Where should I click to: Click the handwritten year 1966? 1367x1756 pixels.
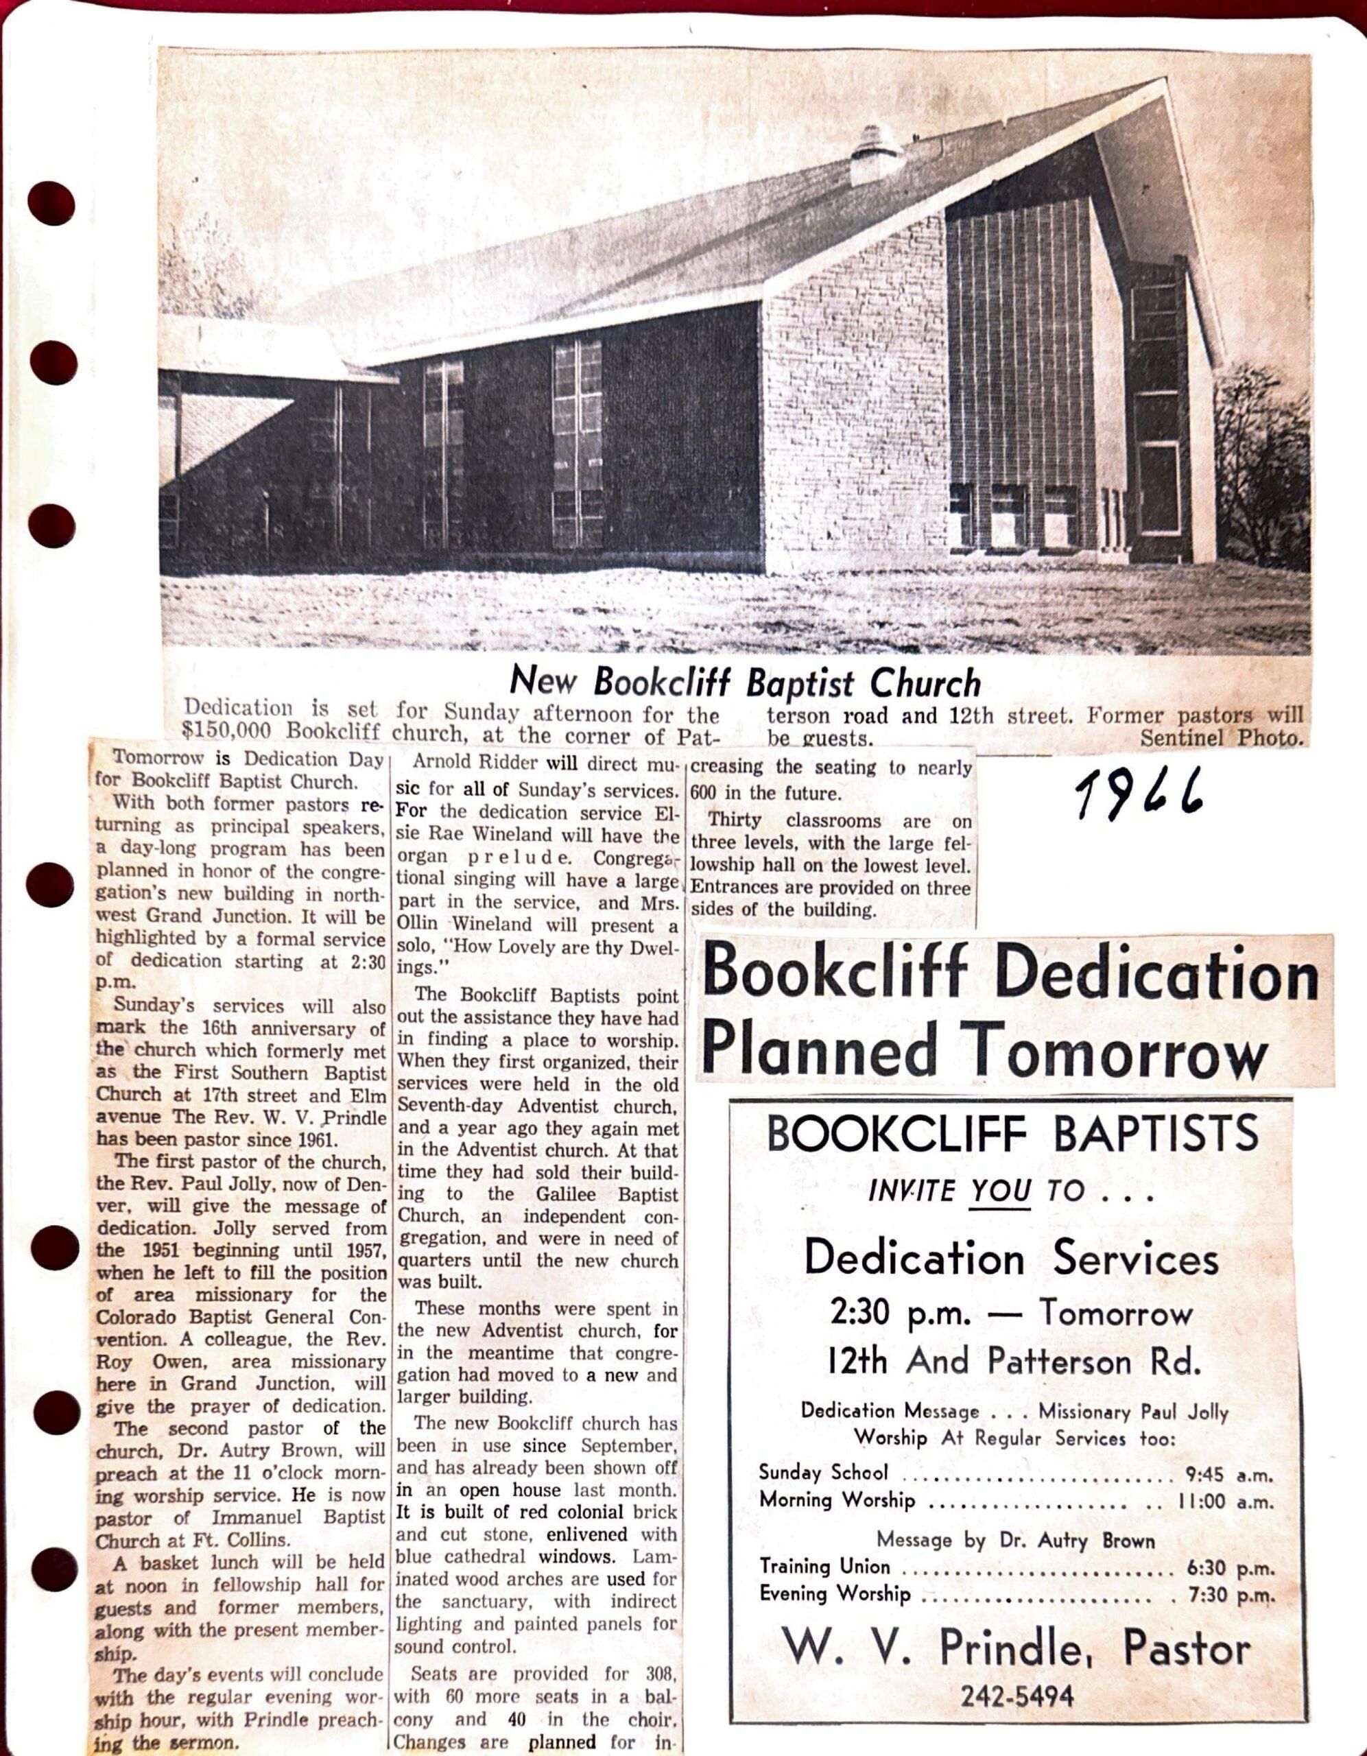[1139, 790]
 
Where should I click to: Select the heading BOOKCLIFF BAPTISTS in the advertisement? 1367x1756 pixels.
[1012, 1133]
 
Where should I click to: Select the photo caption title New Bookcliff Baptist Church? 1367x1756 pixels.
[746, 683]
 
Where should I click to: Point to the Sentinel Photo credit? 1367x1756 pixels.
[1221, 737]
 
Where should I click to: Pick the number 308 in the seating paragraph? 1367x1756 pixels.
[661, 1674]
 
